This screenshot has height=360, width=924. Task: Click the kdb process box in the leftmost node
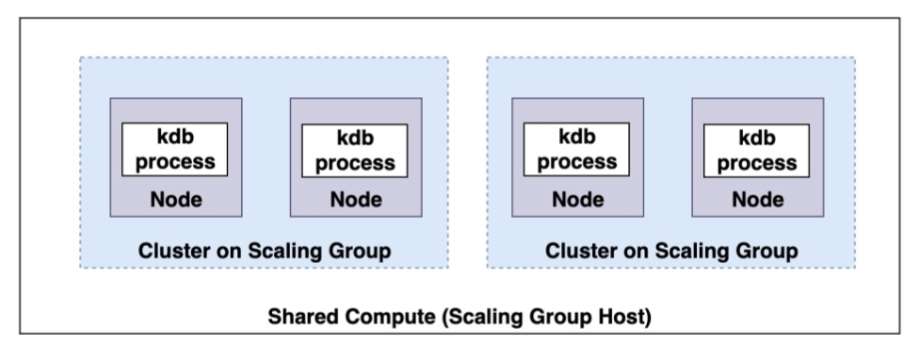click(175, 149)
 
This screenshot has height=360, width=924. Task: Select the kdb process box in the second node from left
click(355, 150)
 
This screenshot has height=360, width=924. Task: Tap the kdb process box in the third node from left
click(577, 149)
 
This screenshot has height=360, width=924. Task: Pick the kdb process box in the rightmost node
click(756, 150)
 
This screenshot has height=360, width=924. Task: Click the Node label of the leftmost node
click(175, 199)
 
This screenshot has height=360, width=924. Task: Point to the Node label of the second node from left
click(355, 199)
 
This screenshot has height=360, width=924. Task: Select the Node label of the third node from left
click(577, 199)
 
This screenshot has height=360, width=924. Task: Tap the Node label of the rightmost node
click(756, 199)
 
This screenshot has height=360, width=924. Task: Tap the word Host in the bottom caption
click(625, 319)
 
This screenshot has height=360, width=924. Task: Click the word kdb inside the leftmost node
click(175, 138)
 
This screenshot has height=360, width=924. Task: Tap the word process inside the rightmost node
click(756, 163)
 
